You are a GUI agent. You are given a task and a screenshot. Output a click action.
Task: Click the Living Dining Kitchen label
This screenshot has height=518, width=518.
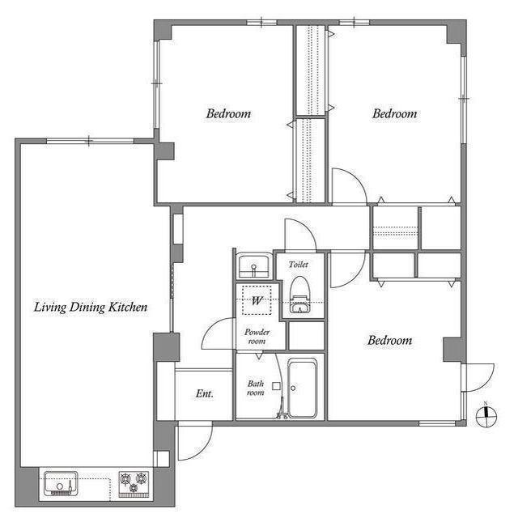point(91,308)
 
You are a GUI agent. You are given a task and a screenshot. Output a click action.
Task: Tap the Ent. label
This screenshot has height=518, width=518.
point(205,393)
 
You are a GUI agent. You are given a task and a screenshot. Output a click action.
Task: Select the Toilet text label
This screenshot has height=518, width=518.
point(299,265)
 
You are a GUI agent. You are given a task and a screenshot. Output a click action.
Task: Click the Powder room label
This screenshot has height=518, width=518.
point(257,337)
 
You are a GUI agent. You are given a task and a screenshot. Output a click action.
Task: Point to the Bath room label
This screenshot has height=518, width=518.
point(256,388)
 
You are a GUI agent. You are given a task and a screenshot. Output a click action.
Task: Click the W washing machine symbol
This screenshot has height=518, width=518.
point(257,300)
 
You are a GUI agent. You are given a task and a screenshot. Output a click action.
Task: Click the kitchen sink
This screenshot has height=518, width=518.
point(61,483)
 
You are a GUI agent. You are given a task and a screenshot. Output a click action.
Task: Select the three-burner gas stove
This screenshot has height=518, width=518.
point(134,484)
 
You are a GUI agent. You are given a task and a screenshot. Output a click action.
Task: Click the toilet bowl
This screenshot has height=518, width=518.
point(299,294)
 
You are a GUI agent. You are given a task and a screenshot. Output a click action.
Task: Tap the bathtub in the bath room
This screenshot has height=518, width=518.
point(302,388)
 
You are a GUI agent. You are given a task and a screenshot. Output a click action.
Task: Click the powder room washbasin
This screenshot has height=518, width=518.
point(253,265)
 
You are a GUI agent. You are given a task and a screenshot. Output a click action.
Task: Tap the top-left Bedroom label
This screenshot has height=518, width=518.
point(228,113)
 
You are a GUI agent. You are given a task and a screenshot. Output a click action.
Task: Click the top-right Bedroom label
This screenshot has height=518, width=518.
point(395,113)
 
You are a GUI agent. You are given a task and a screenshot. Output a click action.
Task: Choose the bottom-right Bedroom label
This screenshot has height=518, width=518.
point(390,340)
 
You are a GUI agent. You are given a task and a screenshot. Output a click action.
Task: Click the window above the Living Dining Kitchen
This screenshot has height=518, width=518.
point(90,141)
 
